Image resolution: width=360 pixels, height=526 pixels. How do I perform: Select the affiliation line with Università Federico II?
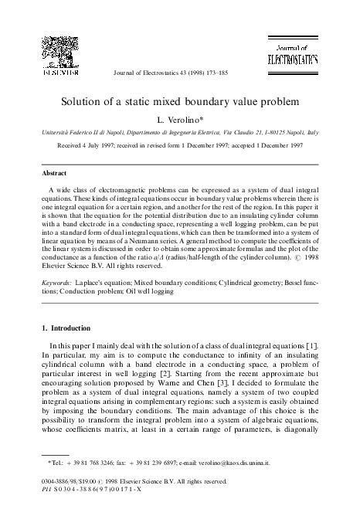[x=180, y=133]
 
